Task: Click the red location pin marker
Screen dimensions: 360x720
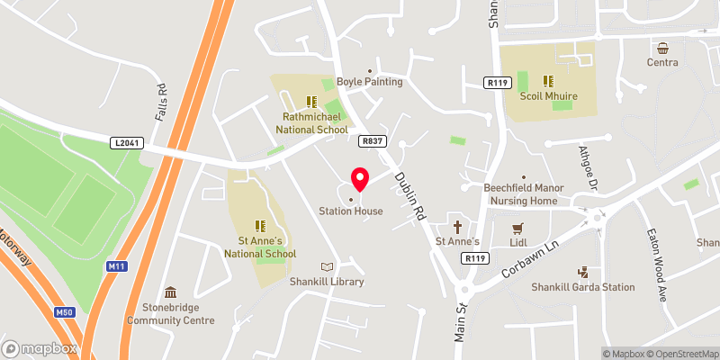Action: tap(360, 178)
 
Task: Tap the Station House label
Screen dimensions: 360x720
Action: tap(351, 211)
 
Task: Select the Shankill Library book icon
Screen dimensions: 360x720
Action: tap(328, 266)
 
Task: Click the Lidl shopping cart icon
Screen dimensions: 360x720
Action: tap(517, 229)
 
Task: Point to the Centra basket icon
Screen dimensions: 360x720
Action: tap(662, 48)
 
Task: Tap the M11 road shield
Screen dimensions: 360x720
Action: tap(116, 266)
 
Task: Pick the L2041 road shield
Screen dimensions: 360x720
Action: tap(127, 142)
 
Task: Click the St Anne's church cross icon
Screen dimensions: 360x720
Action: tap(456, 227)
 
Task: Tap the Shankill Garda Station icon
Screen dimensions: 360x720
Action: tap(582, 272)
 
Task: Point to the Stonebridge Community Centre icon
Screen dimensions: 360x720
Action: tap(171, 292)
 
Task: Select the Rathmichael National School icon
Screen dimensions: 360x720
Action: tap(311, 103)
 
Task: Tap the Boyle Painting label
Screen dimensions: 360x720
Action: tap(370, 82)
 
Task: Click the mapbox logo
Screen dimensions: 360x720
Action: tap(40, 348)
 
